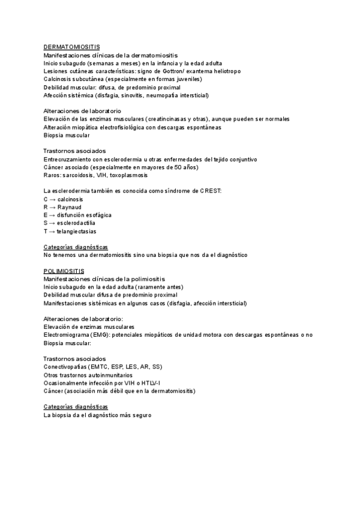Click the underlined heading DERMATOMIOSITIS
pos(72,47)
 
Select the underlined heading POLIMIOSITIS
pos(64,271)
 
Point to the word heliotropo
pos(225,71)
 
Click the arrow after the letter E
pos(53,215)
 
